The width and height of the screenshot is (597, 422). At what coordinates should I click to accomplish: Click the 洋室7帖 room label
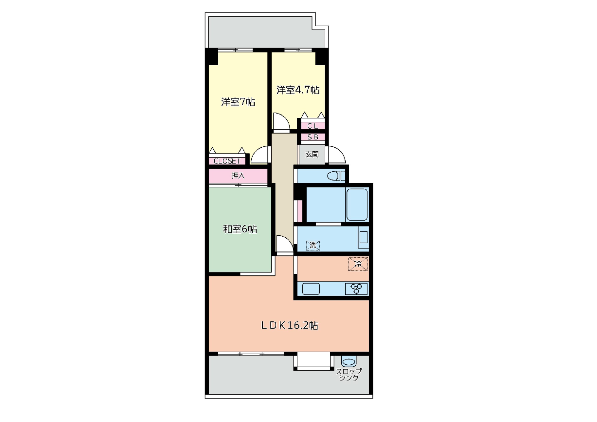[238, 102]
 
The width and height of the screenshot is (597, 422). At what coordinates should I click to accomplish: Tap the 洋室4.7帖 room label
[298, 90]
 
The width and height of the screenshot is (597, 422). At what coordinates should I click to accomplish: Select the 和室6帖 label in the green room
[240, 229]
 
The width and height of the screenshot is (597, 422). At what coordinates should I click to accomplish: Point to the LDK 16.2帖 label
[289, 325]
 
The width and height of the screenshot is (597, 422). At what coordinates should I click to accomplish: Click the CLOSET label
[227, 161]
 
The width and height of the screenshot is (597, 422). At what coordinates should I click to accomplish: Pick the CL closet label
[313, 126]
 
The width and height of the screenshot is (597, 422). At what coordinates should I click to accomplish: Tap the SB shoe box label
[313, 137]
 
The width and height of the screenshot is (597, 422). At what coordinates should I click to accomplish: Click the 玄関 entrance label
[312, 154]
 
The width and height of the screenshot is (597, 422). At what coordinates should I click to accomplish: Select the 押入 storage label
[238, 176]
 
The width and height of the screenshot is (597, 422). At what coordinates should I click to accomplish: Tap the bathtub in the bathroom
[357, 205]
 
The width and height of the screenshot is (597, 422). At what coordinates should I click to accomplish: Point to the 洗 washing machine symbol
[313, 245]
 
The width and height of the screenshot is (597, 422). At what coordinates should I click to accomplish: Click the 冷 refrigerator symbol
[358, 264]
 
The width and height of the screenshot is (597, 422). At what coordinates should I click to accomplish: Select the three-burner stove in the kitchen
[356, 289]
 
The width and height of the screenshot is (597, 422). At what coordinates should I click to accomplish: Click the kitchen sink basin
[311, 289]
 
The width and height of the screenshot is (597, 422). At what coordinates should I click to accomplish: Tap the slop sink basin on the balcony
[349, 362]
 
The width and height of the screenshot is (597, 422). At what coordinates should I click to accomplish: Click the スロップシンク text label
[349, 375]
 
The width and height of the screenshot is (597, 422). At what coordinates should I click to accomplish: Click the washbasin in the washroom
[363, 237]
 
